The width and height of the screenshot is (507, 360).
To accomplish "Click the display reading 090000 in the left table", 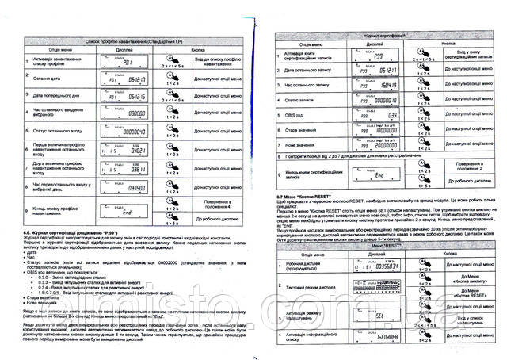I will (x=120, y=113).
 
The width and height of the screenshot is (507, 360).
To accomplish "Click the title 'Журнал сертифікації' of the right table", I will (x=373, y=36).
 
